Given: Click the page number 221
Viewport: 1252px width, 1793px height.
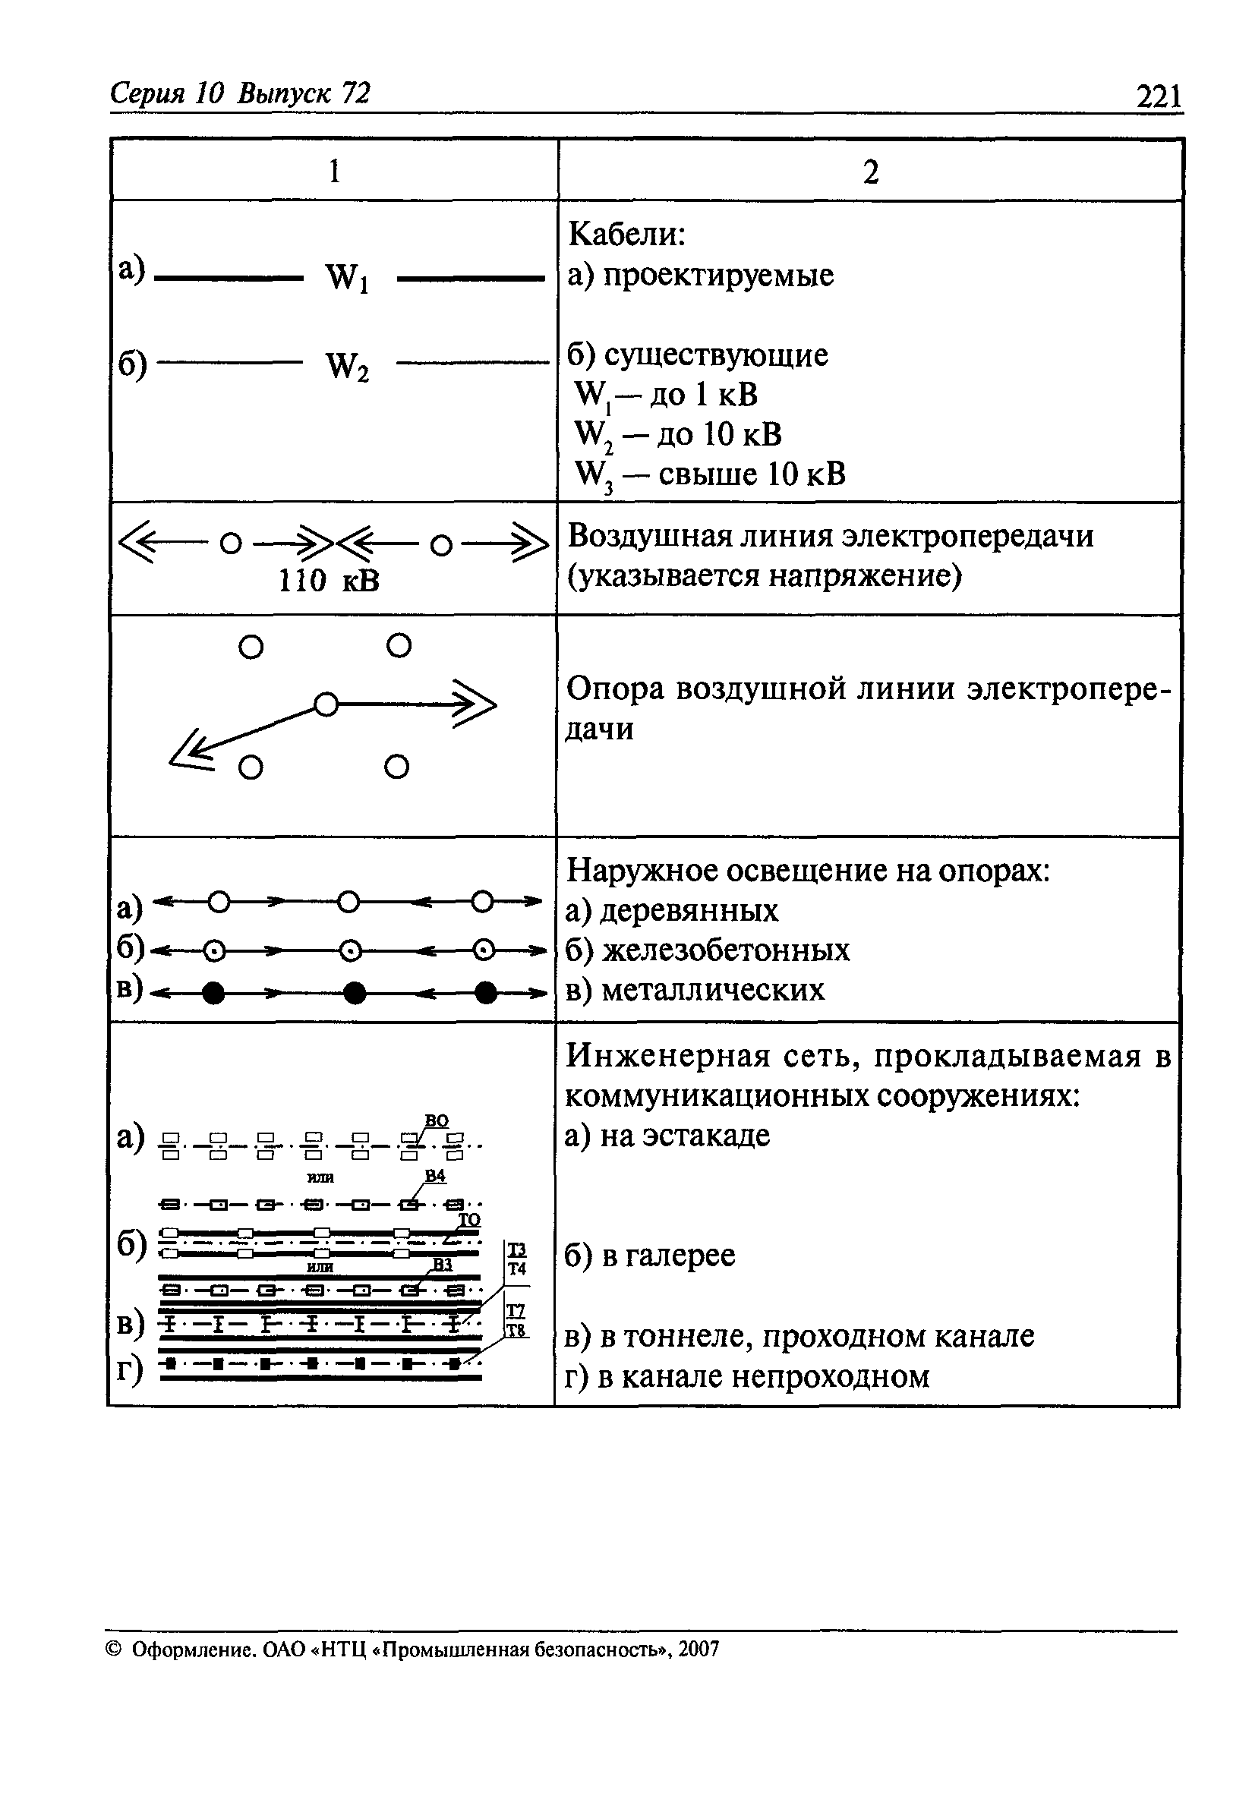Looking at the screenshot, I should pyautogui.click(x=1159, y=98).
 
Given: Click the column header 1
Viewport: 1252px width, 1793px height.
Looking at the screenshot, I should pyautogui.click(x=334, y=170).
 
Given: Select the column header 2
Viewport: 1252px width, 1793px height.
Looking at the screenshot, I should pyautogui.click(x=871, y=172).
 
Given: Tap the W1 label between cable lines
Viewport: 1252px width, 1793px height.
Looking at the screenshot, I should pyautogui.click(x=348, y=278).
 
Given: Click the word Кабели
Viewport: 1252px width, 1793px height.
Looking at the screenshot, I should pyautogui.click(x=626, y=234).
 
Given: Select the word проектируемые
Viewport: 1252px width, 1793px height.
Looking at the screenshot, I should pyautogui.click(x=717, y=276).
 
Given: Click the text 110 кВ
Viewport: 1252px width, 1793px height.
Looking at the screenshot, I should pyautogui.click(x=329, y=580).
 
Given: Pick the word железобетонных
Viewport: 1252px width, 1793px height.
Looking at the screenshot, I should pyautogui.click(x=726, y=950).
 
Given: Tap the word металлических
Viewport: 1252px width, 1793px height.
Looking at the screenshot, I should pyautogui.click(x=713, y=990).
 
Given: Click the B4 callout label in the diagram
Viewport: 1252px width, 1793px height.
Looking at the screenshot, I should pyautogui.click(x=435, y=1176).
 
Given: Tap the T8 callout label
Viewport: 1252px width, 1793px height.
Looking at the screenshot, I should pyautogui.click(x=517, y=1330).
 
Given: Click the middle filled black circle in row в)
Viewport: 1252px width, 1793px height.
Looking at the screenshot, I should pyautogui.click(x=355, y=993).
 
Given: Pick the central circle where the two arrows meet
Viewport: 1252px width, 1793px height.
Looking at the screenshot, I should pyautogui.click(x=326, y=704).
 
